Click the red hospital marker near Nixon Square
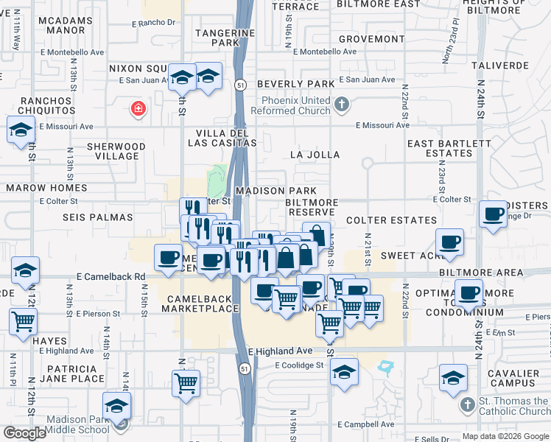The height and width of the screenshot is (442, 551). click(137, 110)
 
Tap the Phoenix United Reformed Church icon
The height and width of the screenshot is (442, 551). click(340, 105)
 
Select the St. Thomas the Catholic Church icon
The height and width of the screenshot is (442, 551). click(466, 406)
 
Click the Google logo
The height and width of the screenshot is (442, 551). click(24, 433)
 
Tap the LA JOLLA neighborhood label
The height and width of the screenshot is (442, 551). click(315, 155)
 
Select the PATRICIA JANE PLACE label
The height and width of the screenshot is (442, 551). click(69, 373)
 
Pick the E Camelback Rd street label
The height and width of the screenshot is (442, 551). click(110, 276)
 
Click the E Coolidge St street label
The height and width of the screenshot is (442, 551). click(299, 365)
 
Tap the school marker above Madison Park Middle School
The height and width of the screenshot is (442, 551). click(116, 405)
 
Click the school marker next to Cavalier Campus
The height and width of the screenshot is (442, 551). click(453, 378)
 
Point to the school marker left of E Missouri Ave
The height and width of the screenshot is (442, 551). click(20, 130)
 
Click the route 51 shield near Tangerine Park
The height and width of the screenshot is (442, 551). click(241, 85)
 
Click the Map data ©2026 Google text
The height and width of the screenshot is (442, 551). click(505, 436)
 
